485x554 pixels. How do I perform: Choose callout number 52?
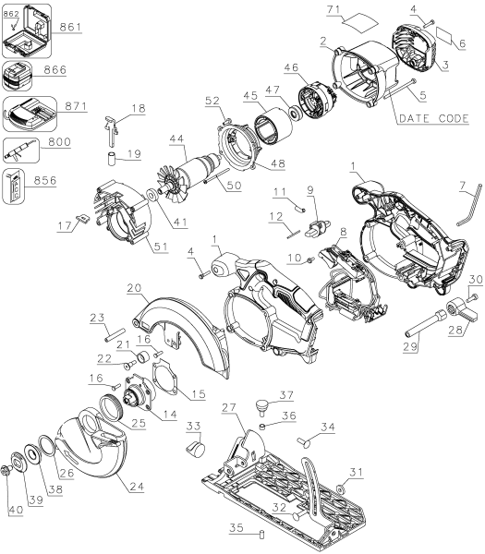coord(211,100)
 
